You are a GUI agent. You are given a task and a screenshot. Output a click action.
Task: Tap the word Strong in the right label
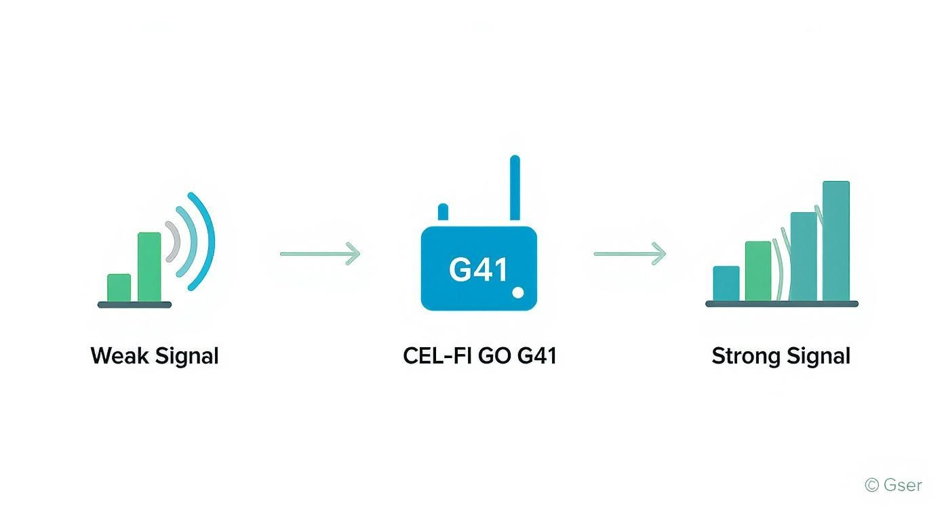[743, 356]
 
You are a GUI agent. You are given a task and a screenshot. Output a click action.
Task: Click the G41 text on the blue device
[478, 270]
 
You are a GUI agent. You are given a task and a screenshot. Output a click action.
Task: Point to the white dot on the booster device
[518, 292]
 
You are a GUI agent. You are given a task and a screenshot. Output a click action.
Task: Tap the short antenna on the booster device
[444, 212]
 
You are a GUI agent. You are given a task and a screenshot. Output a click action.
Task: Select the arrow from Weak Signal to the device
[320, 254]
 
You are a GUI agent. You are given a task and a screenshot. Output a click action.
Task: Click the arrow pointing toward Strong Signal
[630, 254]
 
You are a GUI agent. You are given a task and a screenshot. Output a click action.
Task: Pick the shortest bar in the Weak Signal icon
[119, 288]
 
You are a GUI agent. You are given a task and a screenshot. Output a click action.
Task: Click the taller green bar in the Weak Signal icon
[149, 267]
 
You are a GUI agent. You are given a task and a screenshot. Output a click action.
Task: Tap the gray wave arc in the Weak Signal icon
[173, 241]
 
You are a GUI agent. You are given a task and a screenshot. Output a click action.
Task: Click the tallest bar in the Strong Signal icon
[835, 241]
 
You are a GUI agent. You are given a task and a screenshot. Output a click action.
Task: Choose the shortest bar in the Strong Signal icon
[726, 283]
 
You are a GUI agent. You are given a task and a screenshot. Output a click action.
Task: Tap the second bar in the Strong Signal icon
[758, 271]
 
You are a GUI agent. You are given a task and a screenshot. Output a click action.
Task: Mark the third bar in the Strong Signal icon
[804, 256]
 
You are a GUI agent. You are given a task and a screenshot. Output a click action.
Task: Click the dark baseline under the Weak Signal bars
[134, 305]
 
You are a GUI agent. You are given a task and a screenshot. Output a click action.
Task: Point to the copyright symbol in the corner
[872, 485]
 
